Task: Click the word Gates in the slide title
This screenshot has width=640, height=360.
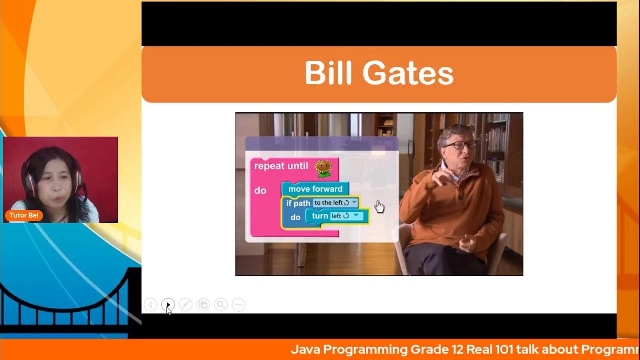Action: pos(408,74)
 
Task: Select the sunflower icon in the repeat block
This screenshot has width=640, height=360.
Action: pos(324,168)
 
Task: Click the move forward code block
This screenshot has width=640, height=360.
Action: pos(315,189)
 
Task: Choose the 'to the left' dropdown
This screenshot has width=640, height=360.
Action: pos(335,203)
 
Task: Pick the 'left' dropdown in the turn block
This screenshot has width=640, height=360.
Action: pos(346,216)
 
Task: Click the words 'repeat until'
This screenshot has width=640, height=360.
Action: pos(281,166)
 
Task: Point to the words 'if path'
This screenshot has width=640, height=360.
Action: pos(298,203)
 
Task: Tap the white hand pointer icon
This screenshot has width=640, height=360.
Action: pos(380,206)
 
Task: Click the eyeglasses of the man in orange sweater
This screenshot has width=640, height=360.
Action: pos(458,145)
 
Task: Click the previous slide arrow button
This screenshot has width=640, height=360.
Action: pos(150,304)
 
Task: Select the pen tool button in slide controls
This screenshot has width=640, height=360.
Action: pos(185,304)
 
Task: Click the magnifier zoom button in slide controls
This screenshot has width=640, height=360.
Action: pos(221,304)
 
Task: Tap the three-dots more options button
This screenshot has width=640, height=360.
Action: pos(239,304)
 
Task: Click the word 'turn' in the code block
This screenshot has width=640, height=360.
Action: pos(320,216)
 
